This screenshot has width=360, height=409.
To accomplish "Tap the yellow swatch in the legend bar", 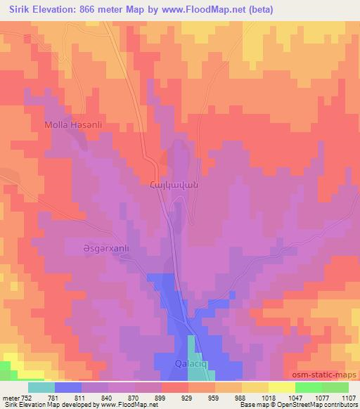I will click(282, 387).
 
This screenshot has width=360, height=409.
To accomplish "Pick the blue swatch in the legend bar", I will click(68, 387).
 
